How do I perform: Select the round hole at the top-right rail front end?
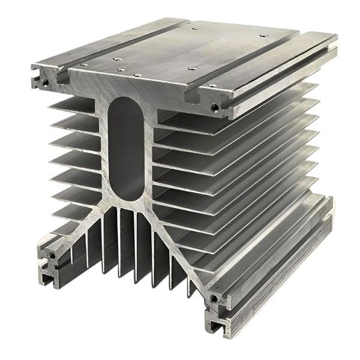pos(215,107)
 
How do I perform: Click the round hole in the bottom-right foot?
pos(214,298)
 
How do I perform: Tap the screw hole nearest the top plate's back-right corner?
pos(264,35)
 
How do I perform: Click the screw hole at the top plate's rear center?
pos(196,28)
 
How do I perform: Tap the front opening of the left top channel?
pos(60,77)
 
